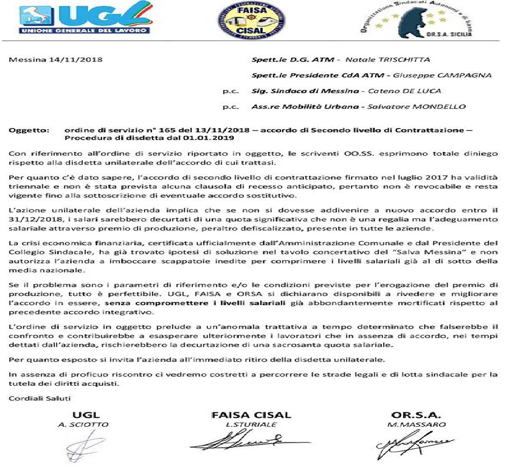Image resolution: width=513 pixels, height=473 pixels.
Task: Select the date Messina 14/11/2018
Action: pyautogui.click(x=56, y=60)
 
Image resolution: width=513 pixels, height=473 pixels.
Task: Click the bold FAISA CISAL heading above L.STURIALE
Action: pyautogui.click(x=251, y=415)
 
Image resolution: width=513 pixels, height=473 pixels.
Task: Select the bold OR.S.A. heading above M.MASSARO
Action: pyautogui.click(x=415, y=415)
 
